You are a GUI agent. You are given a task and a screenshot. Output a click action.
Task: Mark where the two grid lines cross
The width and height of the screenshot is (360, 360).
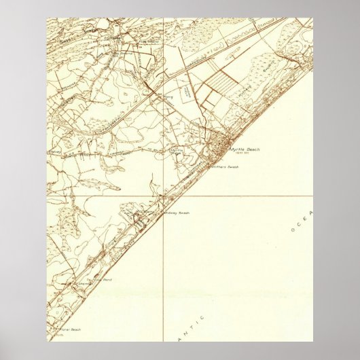(x=164, y=197)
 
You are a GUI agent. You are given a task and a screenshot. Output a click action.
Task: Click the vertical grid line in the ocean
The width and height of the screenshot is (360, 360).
(x=164, y=272)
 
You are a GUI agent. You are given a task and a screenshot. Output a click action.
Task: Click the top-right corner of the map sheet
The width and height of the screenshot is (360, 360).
(x=312, y=18)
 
